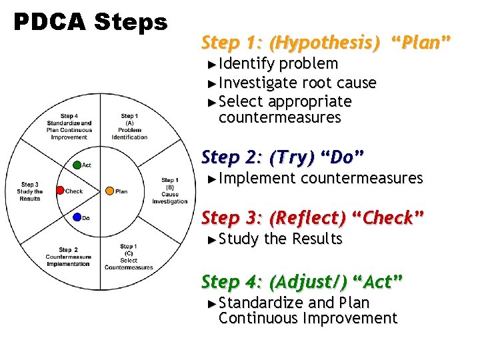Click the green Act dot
77,165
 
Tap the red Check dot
60,191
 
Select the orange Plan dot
109,191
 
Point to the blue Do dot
77,217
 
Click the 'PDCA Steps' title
91,23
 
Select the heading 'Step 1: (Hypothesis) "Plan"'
326,43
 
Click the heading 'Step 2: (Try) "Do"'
283,158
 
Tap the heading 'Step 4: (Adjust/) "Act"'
302,282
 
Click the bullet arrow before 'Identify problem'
212,65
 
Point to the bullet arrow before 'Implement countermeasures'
212,179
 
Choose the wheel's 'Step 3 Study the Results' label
29,191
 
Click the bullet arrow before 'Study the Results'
212,239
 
